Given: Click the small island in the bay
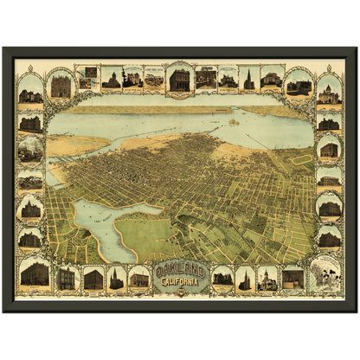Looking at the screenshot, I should point(234,122).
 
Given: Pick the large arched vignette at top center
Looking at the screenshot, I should point(179,80).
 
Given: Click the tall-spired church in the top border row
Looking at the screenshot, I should point(248,80).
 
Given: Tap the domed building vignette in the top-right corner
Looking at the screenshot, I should point(329,90).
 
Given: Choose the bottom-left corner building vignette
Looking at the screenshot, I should point(35,274).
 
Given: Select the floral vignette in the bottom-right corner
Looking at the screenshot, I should point(325,274).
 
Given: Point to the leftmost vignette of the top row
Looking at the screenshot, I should point(87,78).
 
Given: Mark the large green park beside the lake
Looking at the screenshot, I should point(143,235).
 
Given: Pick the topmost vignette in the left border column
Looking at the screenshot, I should point(30,90).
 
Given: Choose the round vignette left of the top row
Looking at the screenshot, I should point(61,85).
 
